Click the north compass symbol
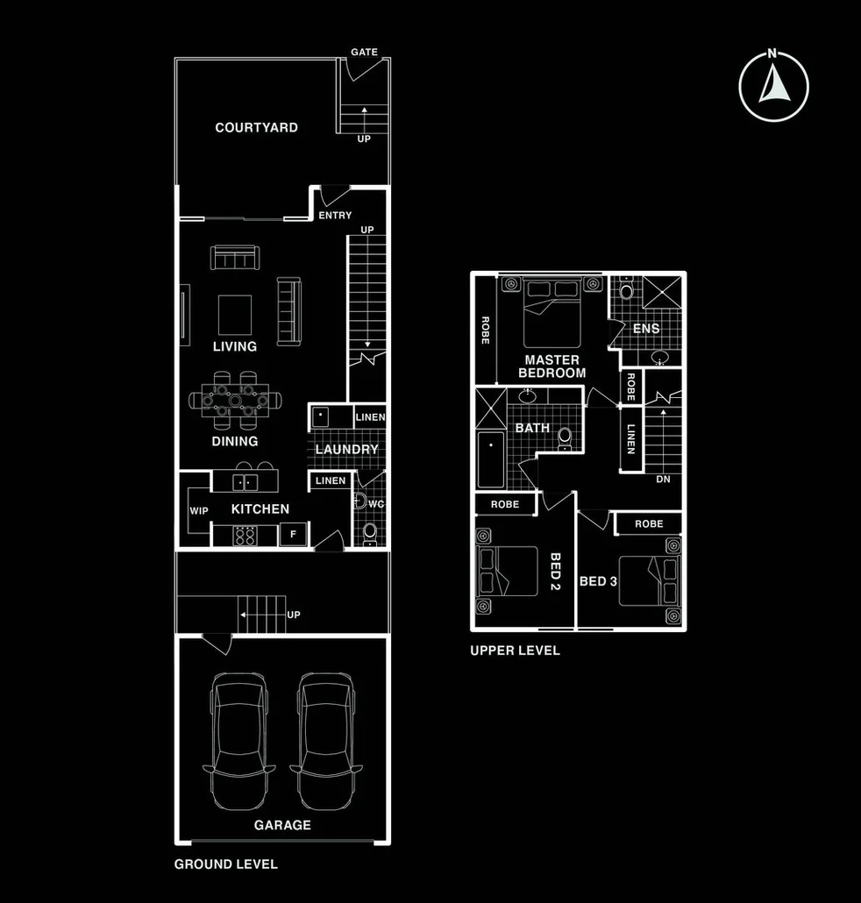(772, 85)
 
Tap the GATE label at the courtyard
(364, 53)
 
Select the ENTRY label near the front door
(335, 216)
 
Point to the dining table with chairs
(235, 401)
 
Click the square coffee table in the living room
(234, 315)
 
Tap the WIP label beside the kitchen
(199, 510)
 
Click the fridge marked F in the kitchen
(293, 534)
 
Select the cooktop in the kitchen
(245, 535)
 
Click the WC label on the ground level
(375, 504)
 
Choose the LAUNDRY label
(346, 450)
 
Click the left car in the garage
(238, 743)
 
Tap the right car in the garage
(325, 743)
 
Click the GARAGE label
(282, 825)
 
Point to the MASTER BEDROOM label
(551, 366)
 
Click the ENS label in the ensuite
(646, 329)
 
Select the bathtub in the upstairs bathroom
(490, 460)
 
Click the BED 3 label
(598, 581)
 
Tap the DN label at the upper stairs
(663, 480)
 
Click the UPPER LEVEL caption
(515, 651)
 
